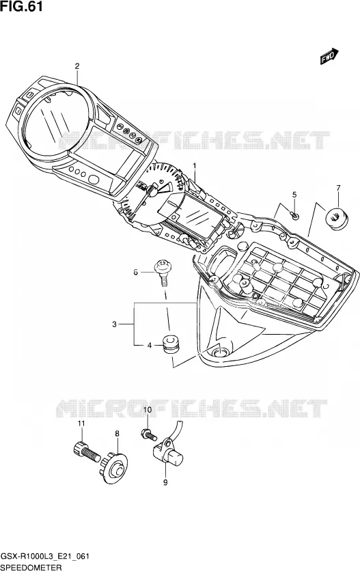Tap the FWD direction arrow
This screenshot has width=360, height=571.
tap(329, 57)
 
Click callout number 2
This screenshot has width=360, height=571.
tap(77, 66)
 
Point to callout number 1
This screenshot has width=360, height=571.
tap(195, 166)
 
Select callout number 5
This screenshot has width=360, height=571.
tap(294, 195)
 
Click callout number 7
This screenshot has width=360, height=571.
tap(338, 188)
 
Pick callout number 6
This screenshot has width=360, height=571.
tap(135, 272)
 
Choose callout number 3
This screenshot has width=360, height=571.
tap(114, 324)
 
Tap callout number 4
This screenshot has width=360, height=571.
tap(150, 346)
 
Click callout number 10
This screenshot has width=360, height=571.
tap(147, 410)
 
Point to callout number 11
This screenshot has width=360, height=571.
tap(81, 423)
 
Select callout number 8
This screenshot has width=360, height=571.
tap(117, 433)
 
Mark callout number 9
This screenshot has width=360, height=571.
tap(165, 482)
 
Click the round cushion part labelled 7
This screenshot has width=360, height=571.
tap(336, 219)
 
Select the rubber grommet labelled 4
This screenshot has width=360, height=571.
tap(170, 344)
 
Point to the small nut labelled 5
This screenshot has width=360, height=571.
tap(296, 216)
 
